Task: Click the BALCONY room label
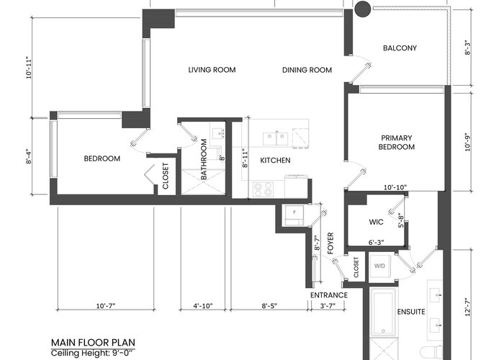400,48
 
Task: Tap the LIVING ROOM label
212,70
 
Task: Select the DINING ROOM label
307,70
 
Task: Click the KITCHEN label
275,161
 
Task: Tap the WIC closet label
376,222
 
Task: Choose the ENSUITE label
411,312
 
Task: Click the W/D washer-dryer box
379,266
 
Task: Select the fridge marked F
294,215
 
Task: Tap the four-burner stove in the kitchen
263,189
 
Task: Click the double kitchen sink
275,138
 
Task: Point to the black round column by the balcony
363,9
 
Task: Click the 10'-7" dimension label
106,306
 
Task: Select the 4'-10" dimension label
203,306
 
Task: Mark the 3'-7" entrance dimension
328,306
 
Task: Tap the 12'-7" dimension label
468,307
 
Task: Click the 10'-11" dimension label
30,68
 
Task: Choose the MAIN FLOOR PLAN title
93,342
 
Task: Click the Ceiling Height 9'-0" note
92,353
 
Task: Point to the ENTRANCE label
329,295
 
